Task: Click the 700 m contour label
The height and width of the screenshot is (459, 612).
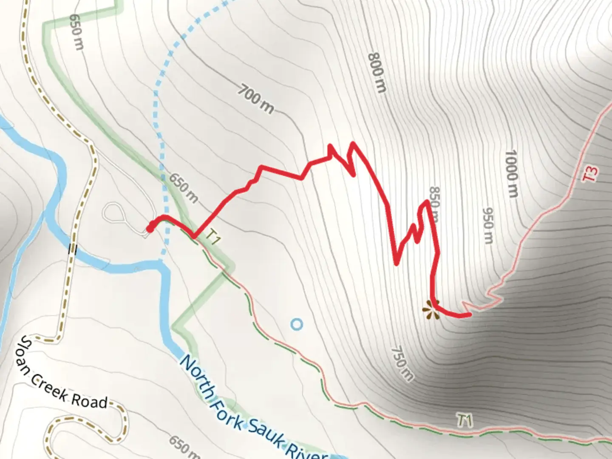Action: point(255,99)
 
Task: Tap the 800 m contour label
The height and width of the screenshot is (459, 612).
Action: point(377,73)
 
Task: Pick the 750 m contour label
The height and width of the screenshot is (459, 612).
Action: point(401,364)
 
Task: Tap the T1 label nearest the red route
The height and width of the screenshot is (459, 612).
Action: point(214,236)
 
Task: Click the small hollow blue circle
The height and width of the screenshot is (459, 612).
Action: point(297,325)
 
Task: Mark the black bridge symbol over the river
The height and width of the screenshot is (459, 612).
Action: point(72,249)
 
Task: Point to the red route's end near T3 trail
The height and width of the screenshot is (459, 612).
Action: point(469,315)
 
